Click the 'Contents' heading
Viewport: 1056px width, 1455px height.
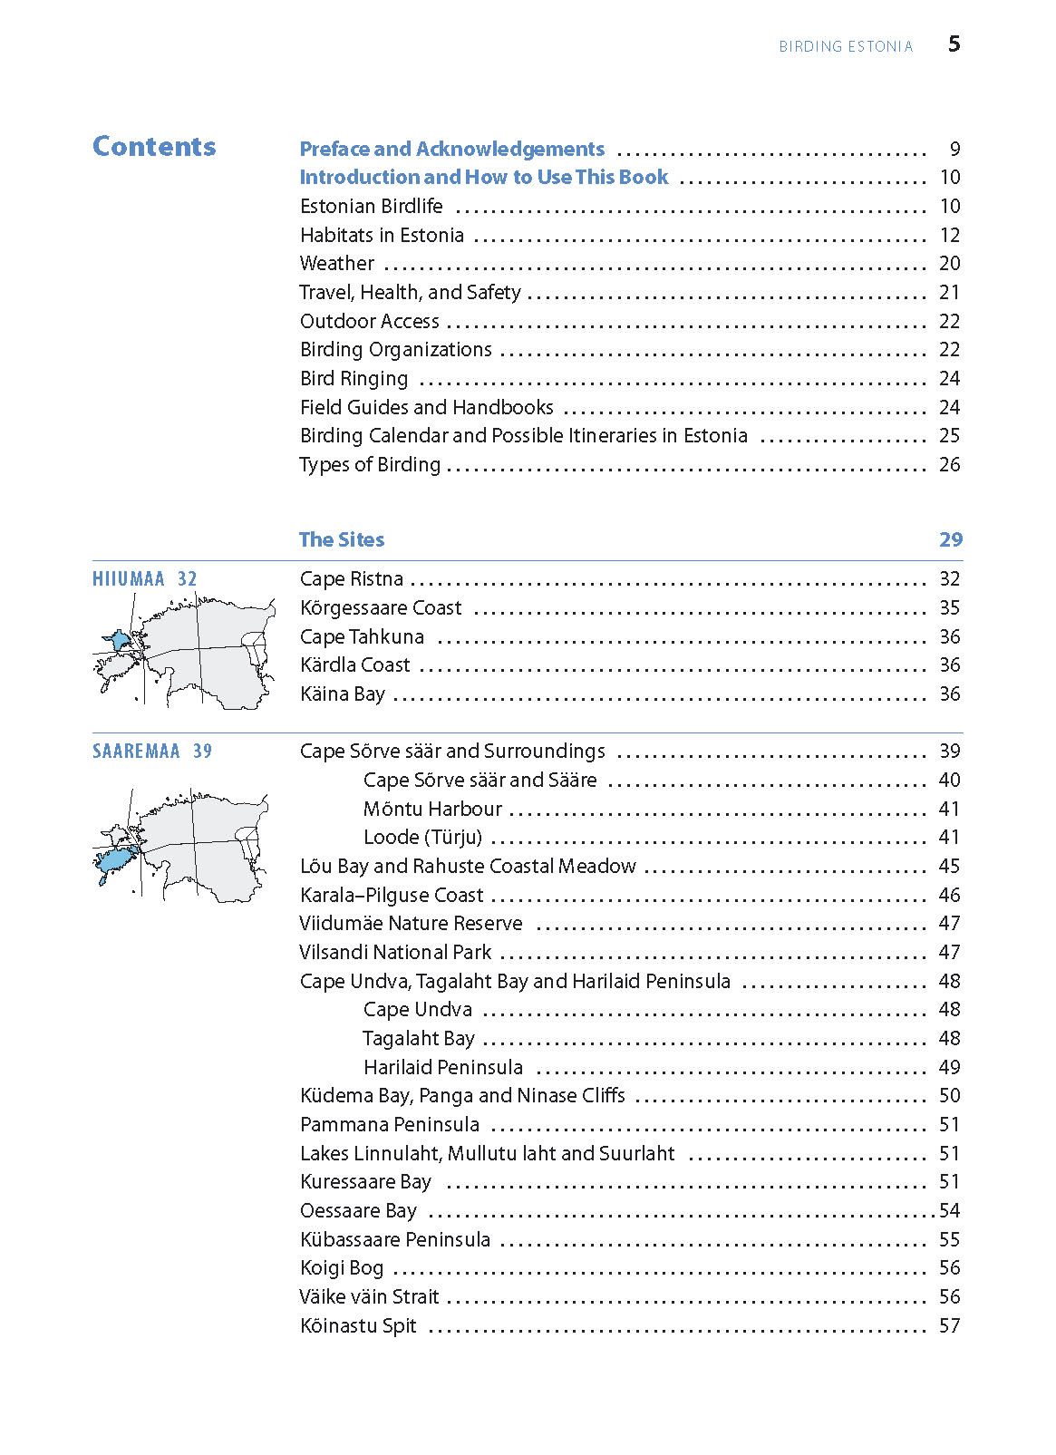(x=154, y=147)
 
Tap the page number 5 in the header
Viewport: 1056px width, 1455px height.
(x=954, y=44)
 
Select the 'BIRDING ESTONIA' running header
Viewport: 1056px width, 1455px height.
(x=846, y=47)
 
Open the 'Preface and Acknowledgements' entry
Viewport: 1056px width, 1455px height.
(x=451, y=149)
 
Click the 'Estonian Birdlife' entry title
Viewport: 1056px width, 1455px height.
(x=372, y=207)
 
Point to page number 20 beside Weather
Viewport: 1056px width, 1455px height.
(x=949, y=264)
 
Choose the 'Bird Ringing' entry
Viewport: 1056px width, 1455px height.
(x=354, y=379)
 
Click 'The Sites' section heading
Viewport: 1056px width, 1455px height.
(x=342, y=540)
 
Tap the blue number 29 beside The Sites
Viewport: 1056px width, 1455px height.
(x=950, y=540)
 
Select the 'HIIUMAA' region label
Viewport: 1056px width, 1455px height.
(x=129, y=579)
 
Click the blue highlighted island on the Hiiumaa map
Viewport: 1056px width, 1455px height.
(x=119, y=640)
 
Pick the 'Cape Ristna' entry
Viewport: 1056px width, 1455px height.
(x=352, y=579)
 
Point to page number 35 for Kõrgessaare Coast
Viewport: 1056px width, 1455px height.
(x=949, y=608)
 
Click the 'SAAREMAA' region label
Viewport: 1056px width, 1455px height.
(x=136, y=752)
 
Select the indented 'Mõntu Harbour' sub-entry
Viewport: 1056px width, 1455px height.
(x=432, y=809)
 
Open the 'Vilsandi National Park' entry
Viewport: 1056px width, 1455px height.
(x=395, y=953)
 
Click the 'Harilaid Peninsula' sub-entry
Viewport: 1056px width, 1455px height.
(x=442, y=1068)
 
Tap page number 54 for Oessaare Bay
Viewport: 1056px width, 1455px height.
(x=949, y=1211)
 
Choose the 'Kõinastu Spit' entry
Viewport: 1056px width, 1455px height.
(x=358, y=1326)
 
